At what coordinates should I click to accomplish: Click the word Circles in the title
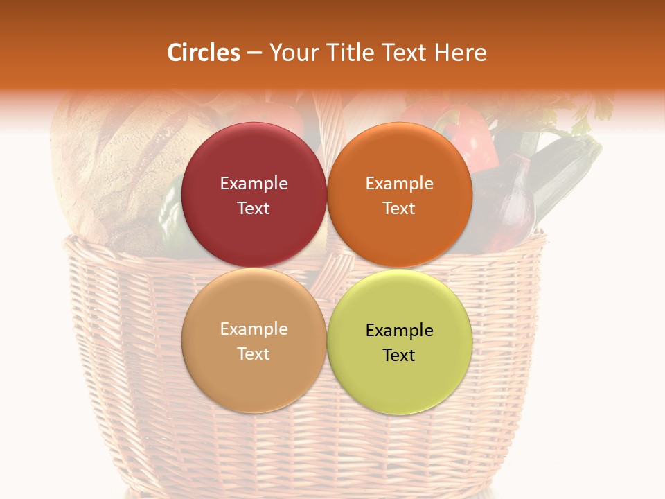tap(204, 53)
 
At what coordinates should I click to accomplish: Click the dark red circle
tap(254, 156)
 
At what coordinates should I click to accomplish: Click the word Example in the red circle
tap(254, 184)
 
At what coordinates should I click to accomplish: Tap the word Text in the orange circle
tap(399, 209)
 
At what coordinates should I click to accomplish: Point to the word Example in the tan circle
tap(254, 329)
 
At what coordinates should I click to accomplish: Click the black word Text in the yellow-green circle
tap(399, 356)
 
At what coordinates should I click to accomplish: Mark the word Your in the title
tap(291, 53)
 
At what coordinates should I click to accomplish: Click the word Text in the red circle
tap(254, 209)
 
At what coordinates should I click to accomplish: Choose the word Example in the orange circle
tap(399, 184)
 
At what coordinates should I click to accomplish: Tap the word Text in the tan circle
tap(254, 354)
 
